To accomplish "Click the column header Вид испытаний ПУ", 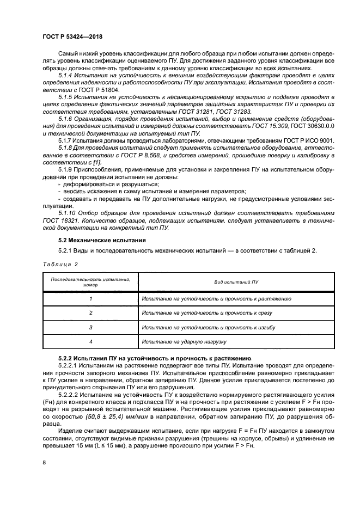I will [x=235, y=282].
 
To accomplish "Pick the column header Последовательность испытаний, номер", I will [x=90, y=282].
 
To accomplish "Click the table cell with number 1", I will [x=90, y=299].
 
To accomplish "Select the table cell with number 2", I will [x=90, y=313].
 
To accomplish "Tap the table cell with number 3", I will [x=90, y=327].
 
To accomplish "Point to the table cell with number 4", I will [x=90, y=341].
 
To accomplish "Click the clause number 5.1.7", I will [x=66, y=142].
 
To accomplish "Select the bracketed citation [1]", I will [x=96, y=163].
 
